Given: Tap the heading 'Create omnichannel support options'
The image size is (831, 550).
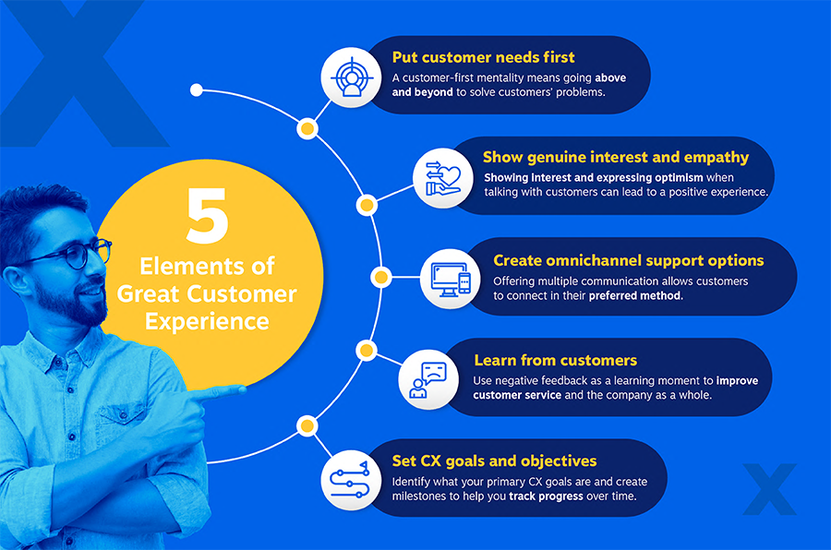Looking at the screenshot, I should [629, 260].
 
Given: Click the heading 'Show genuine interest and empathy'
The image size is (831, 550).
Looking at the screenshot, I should [616, 157].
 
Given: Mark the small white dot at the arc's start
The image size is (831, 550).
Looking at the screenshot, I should [196, 90].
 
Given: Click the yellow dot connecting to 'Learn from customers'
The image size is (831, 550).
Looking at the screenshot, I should [367, 350].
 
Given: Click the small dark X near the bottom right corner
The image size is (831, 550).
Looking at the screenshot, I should [769, 488].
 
